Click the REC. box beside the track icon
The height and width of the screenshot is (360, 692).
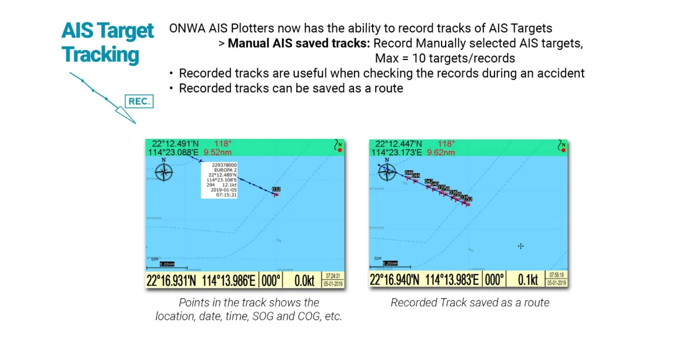coord(139,101)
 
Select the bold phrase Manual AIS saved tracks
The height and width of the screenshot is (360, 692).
coord(299,44)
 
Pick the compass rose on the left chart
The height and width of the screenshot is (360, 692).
coord(164,171)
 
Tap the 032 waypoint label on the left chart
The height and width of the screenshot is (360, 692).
coord(276,189)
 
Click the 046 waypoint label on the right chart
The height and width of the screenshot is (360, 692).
coord(409,172)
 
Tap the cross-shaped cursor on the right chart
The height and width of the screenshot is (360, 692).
coord(520,246)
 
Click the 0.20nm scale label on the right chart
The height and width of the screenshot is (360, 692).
coord(389,264)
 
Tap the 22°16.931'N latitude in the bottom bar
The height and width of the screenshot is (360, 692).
coord(172,281)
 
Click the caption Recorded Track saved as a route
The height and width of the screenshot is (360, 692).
coord(470,303)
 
